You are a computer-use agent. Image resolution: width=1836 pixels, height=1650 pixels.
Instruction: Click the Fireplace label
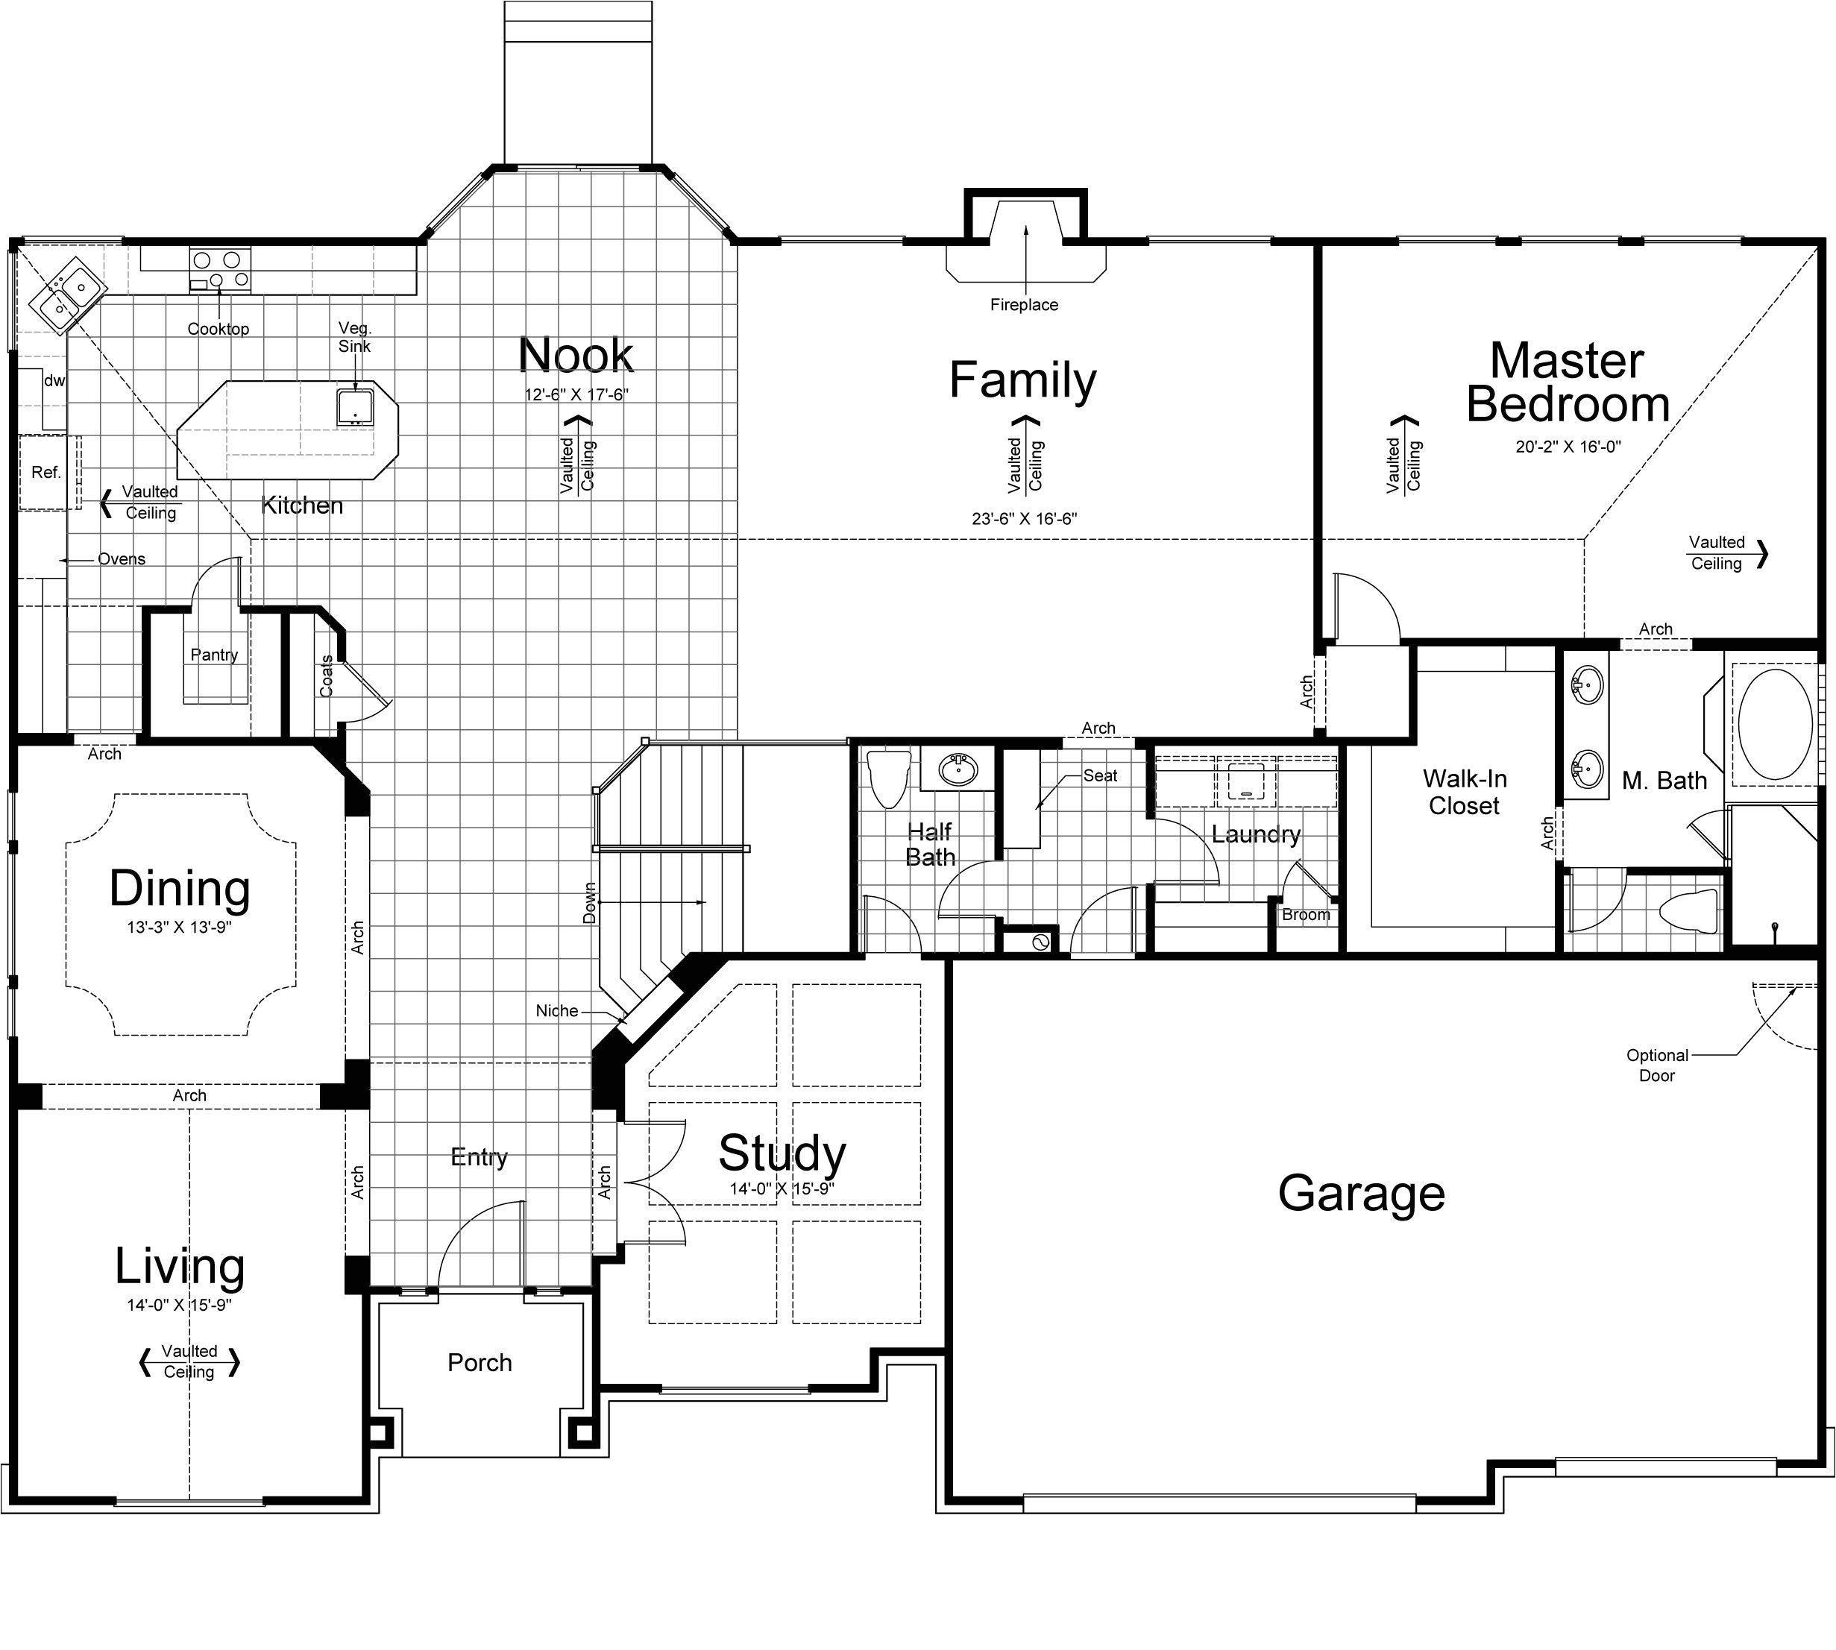click(1024, 305)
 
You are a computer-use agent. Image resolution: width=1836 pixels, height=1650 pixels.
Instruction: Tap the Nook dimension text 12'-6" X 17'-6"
click(576, 394)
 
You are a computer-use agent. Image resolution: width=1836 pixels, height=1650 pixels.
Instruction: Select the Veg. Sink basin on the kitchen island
click(354, 407)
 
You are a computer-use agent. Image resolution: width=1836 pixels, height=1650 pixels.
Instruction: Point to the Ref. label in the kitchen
click(45, 473)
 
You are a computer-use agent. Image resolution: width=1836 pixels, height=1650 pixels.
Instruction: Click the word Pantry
click(214, 655)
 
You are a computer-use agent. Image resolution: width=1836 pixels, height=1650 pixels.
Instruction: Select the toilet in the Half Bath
click(887, 778)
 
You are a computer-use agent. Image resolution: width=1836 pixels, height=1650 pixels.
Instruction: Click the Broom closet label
click(1306, 915)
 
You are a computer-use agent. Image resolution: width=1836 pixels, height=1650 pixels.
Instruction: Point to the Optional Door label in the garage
click(1656, 1065)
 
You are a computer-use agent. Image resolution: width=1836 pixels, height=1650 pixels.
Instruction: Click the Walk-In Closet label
click(1465, 792)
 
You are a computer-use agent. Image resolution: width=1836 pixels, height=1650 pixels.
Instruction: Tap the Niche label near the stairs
click(557, 1011)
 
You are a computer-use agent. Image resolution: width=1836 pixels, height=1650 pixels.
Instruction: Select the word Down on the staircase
click(589, 903)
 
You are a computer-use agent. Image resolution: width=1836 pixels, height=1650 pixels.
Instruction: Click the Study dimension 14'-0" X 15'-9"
click(782, 1188)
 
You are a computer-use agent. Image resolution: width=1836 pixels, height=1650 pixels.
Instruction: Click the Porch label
click(480, 1363)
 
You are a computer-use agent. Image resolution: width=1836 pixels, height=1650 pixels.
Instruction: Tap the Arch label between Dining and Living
click(189, 1095)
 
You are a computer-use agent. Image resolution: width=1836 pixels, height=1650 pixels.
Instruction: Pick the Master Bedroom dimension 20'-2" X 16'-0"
click(1568, 446)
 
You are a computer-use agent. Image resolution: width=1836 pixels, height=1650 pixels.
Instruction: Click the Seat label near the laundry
click(1100, 775)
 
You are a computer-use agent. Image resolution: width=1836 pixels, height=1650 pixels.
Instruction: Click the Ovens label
click(122, 559)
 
